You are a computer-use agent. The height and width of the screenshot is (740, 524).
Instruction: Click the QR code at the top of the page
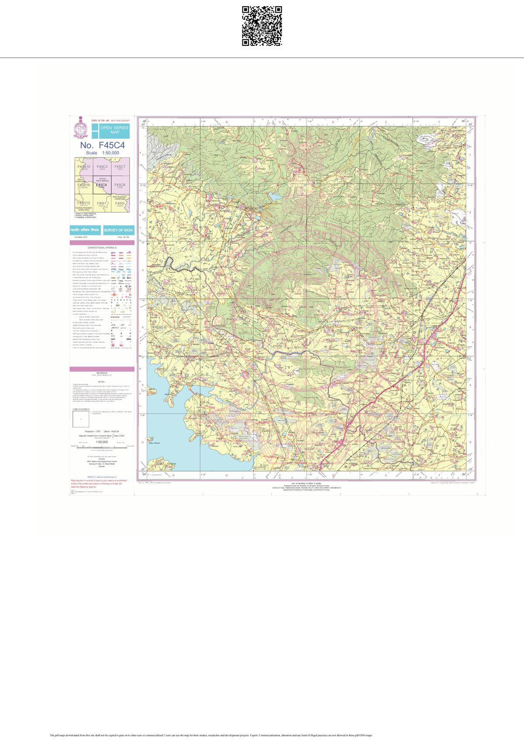pos(262,26)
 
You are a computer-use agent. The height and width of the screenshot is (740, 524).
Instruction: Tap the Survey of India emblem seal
pos(80,127)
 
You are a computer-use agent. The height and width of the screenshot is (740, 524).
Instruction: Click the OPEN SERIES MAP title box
pos(114,130)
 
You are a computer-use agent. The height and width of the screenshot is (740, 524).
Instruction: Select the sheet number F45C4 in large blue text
pos(102,145)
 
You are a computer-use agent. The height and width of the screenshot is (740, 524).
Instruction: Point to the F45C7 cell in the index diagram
pos(120,167)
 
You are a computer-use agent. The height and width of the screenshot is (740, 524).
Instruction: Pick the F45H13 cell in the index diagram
pos(83,204)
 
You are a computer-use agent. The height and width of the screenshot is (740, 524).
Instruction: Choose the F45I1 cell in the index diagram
pos(102,204)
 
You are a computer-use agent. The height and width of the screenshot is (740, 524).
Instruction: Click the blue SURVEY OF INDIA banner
pos(118,230)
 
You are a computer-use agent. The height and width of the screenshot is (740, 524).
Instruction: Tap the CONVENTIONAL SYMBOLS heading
pos(102,247)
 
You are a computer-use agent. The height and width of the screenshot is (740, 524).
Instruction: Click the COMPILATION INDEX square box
pos(81,419)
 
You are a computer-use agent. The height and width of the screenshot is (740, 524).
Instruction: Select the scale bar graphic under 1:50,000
pos(102,445)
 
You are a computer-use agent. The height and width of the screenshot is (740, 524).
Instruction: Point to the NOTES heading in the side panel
pos(102,381)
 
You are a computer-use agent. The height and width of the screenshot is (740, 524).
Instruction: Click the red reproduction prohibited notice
pos(99,483)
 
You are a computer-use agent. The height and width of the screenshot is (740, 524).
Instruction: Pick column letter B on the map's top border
pos(227,122)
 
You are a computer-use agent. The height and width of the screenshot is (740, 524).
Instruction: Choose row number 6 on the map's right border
pos(470,442)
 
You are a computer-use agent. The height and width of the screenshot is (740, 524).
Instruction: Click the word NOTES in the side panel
pos(102,381)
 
